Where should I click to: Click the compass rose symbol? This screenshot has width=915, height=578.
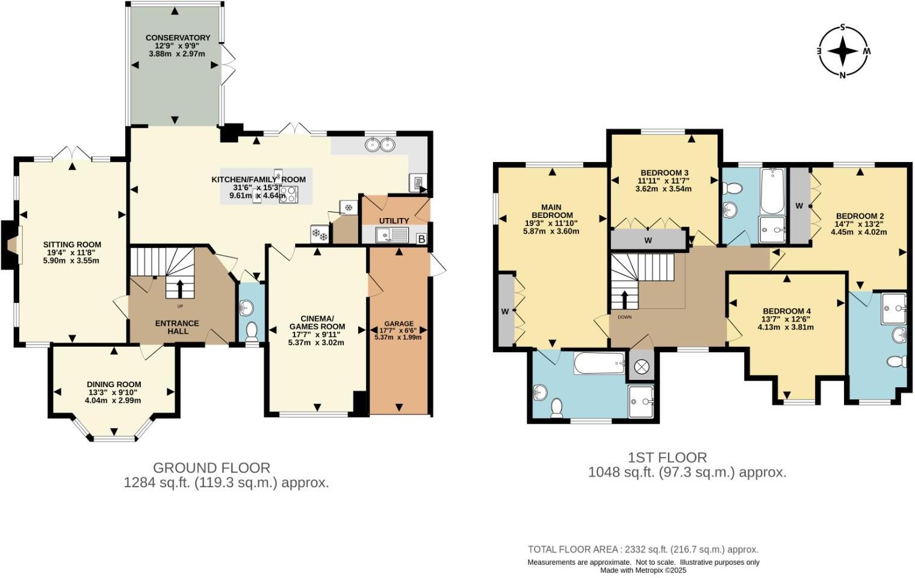843,51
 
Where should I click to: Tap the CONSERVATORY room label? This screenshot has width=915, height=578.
178,38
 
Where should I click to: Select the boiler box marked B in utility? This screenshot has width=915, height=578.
421,239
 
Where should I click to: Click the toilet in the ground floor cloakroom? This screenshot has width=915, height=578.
252,332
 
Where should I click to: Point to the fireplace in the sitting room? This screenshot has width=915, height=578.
12,244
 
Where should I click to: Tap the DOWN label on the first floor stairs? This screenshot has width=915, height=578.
624,317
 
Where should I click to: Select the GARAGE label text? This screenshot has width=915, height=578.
399,324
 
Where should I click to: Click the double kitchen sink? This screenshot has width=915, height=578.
380,144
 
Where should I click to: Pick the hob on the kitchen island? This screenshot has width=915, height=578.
288,193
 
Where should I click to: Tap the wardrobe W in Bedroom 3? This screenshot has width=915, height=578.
648,240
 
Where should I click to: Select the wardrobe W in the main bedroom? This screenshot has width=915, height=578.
505,311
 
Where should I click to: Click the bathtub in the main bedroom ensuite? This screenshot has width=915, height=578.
600,363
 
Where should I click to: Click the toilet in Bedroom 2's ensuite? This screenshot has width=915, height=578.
897,362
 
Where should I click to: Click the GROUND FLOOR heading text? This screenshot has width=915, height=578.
211,467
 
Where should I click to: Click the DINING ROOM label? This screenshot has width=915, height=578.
114,384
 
